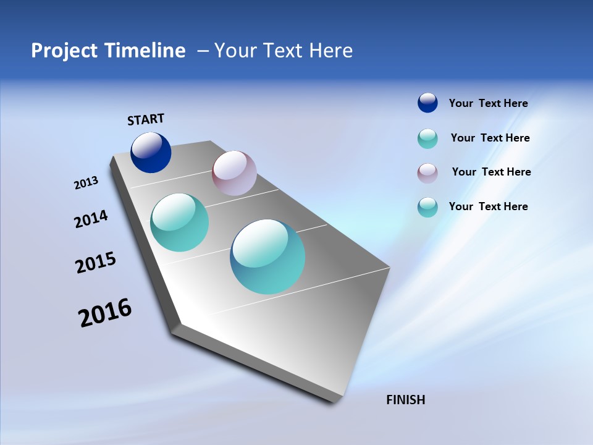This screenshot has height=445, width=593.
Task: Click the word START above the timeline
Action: coord(146,119)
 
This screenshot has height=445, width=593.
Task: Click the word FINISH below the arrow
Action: coord(405,400)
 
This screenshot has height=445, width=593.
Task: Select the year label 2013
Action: coord(86,183)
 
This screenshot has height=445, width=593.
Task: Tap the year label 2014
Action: coord(91,219)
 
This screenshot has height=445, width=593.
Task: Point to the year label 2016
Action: coord(105,313)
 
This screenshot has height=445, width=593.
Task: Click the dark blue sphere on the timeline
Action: coord(151,153)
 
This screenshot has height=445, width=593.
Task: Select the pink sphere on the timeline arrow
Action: coord(234,173)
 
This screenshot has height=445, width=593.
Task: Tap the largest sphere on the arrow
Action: coord(267,256)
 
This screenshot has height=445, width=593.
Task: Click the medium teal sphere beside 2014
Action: coord(180,222)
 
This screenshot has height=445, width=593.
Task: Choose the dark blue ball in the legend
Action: coord(427,103)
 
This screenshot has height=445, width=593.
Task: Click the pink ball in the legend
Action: coord(427,172)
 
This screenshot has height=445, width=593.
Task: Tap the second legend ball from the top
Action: coord(427,138)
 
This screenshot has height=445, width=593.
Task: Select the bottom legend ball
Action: coord(427,207)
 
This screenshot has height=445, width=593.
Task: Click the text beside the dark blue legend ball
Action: coord(488,103)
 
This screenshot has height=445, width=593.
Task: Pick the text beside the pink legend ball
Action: coord(491,172)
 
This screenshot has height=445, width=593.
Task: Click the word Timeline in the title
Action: coord(146,51)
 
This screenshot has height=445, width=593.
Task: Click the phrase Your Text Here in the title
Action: coord(284,51)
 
